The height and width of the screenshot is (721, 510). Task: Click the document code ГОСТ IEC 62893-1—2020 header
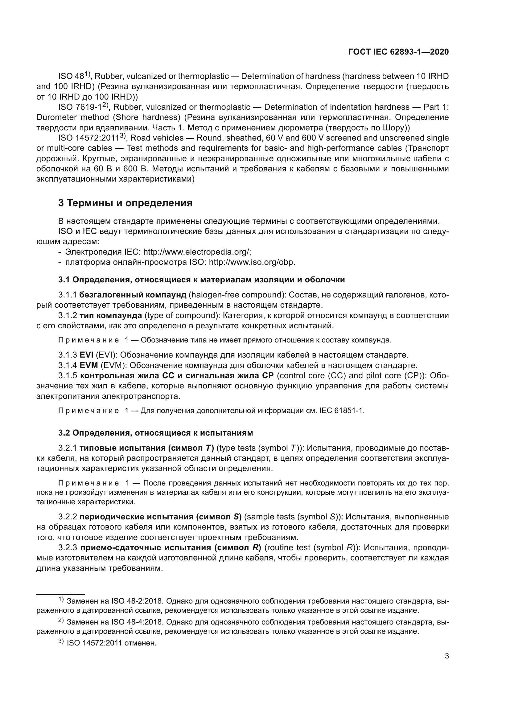tap(398, 52)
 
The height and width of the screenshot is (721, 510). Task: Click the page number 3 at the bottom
tap(446, 656)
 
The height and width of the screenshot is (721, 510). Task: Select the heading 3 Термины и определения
tap(125, 203)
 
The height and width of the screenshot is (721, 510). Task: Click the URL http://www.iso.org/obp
tap(252, 262)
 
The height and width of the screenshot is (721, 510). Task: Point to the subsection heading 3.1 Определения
tap(201, 280)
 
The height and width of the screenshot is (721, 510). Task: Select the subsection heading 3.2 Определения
tap(155, 433)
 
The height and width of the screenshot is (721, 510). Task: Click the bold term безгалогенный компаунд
tap(133, 295)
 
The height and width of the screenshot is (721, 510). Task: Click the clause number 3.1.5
tap(68, 375)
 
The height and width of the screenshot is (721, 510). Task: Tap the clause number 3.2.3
tap(68, 547)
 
